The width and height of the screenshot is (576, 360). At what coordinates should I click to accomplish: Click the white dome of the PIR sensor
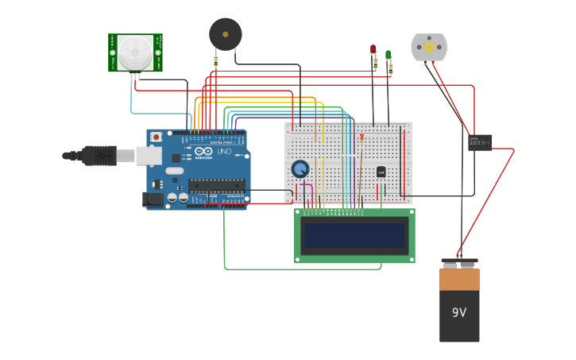point(135,52)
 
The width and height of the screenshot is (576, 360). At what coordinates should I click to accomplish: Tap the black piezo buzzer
point(225,34)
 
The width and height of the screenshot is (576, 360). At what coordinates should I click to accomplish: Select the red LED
point(373,49)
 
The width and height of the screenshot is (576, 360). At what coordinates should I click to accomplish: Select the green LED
point(388,55)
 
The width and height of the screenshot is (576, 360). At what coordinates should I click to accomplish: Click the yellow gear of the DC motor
point(429,48)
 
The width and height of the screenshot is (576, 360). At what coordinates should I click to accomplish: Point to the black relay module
point(479,141)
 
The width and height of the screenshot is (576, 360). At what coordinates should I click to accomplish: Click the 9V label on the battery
point(459,312)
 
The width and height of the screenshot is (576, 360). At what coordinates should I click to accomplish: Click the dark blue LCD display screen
point(354,235)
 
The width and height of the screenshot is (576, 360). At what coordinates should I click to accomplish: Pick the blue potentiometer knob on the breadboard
point(300,168)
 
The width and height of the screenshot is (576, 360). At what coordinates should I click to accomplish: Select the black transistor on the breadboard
point(381,172)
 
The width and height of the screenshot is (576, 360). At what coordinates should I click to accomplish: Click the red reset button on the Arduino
point(156,137)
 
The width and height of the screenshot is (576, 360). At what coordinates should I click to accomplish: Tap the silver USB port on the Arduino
point(149,155)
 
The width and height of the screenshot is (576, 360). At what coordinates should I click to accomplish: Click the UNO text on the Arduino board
point(224,151)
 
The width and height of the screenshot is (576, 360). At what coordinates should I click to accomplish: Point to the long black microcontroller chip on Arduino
point(215,186)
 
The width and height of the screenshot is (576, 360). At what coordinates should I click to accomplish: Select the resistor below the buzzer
point(215,61)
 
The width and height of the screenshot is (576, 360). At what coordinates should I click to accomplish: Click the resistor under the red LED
point(375,64)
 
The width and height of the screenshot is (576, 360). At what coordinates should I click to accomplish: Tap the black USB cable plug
point(99,156)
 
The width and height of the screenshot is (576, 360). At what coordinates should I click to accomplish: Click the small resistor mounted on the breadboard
point(362,138)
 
